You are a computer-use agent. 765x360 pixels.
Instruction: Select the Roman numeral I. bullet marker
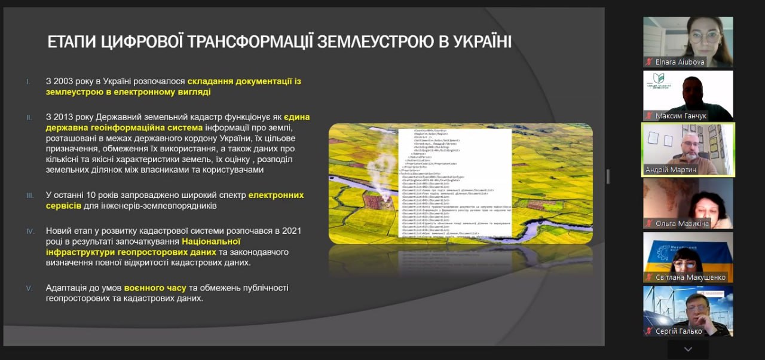26,81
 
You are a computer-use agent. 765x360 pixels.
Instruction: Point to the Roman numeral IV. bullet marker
29,230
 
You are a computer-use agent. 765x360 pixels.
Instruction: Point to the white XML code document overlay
455,182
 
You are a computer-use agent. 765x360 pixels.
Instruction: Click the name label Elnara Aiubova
680,62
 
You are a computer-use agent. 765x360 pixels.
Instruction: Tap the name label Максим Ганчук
682,115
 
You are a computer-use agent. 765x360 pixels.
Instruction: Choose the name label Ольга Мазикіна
682,223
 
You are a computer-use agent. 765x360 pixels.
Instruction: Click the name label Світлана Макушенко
690,277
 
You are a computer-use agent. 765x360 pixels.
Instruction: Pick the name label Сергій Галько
678,331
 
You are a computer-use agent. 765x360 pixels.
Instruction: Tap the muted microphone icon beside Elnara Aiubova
648,62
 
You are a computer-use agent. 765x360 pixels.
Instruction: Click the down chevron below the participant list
688,349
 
